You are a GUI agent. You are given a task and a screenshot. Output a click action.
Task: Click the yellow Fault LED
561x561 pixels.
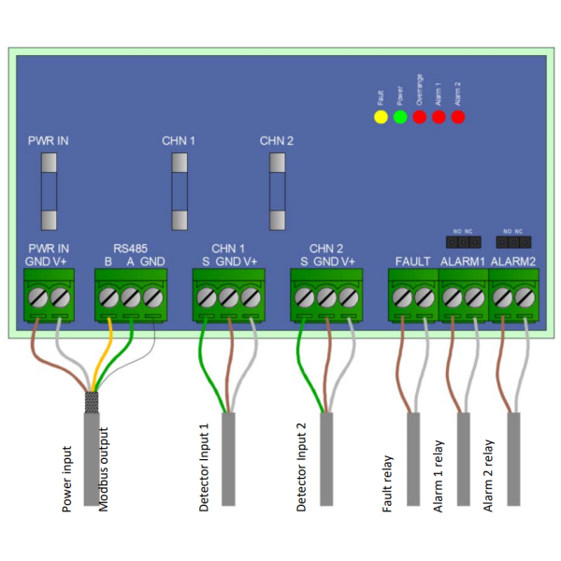tap(380, 118)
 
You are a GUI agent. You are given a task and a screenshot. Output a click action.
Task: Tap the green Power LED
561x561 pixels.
tap(400, 118)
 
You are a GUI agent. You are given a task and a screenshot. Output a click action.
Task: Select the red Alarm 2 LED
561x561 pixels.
tap(457, 118)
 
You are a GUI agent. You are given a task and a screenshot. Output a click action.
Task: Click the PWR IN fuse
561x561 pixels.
tap(49, 191)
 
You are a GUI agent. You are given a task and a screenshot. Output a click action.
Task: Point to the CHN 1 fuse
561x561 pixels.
tap(179, 191)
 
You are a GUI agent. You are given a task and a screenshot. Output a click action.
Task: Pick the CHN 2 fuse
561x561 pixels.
tap(277, 191)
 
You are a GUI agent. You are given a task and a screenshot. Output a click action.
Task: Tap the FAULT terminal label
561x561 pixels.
tap(412, 262)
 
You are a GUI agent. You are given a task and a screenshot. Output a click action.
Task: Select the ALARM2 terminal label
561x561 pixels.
tap(512, 262)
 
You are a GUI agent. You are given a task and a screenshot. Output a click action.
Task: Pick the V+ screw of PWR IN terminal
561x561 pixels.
tap(60, 297)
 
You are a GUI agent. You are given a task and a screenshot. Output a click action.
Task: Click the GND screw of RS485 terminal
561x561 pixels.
tap(152, 297)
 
